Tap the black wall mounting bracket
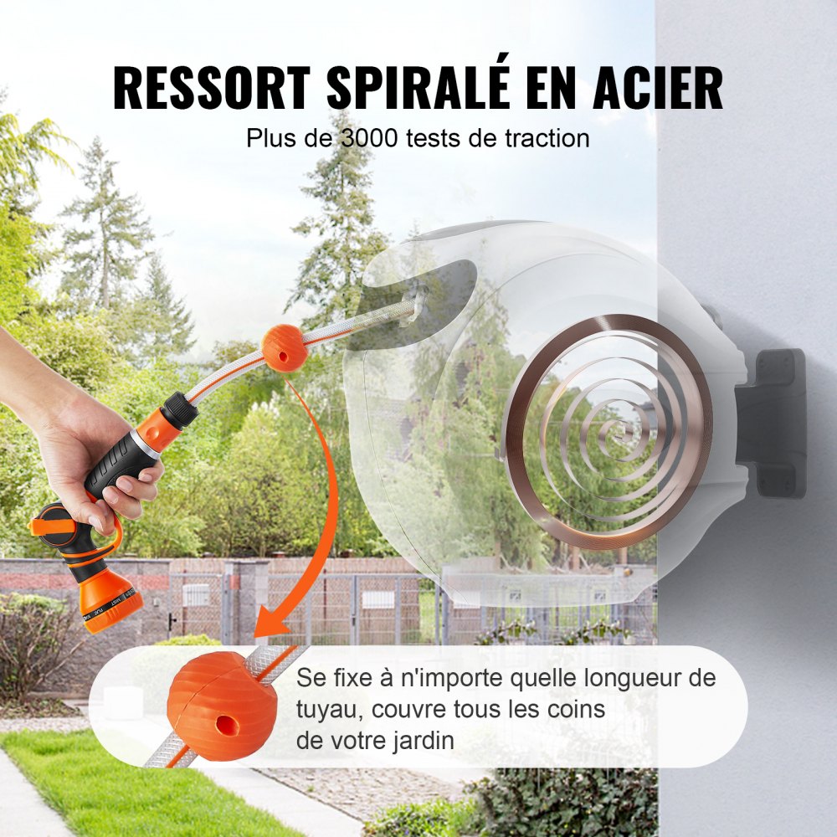[x=774, y=423]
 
